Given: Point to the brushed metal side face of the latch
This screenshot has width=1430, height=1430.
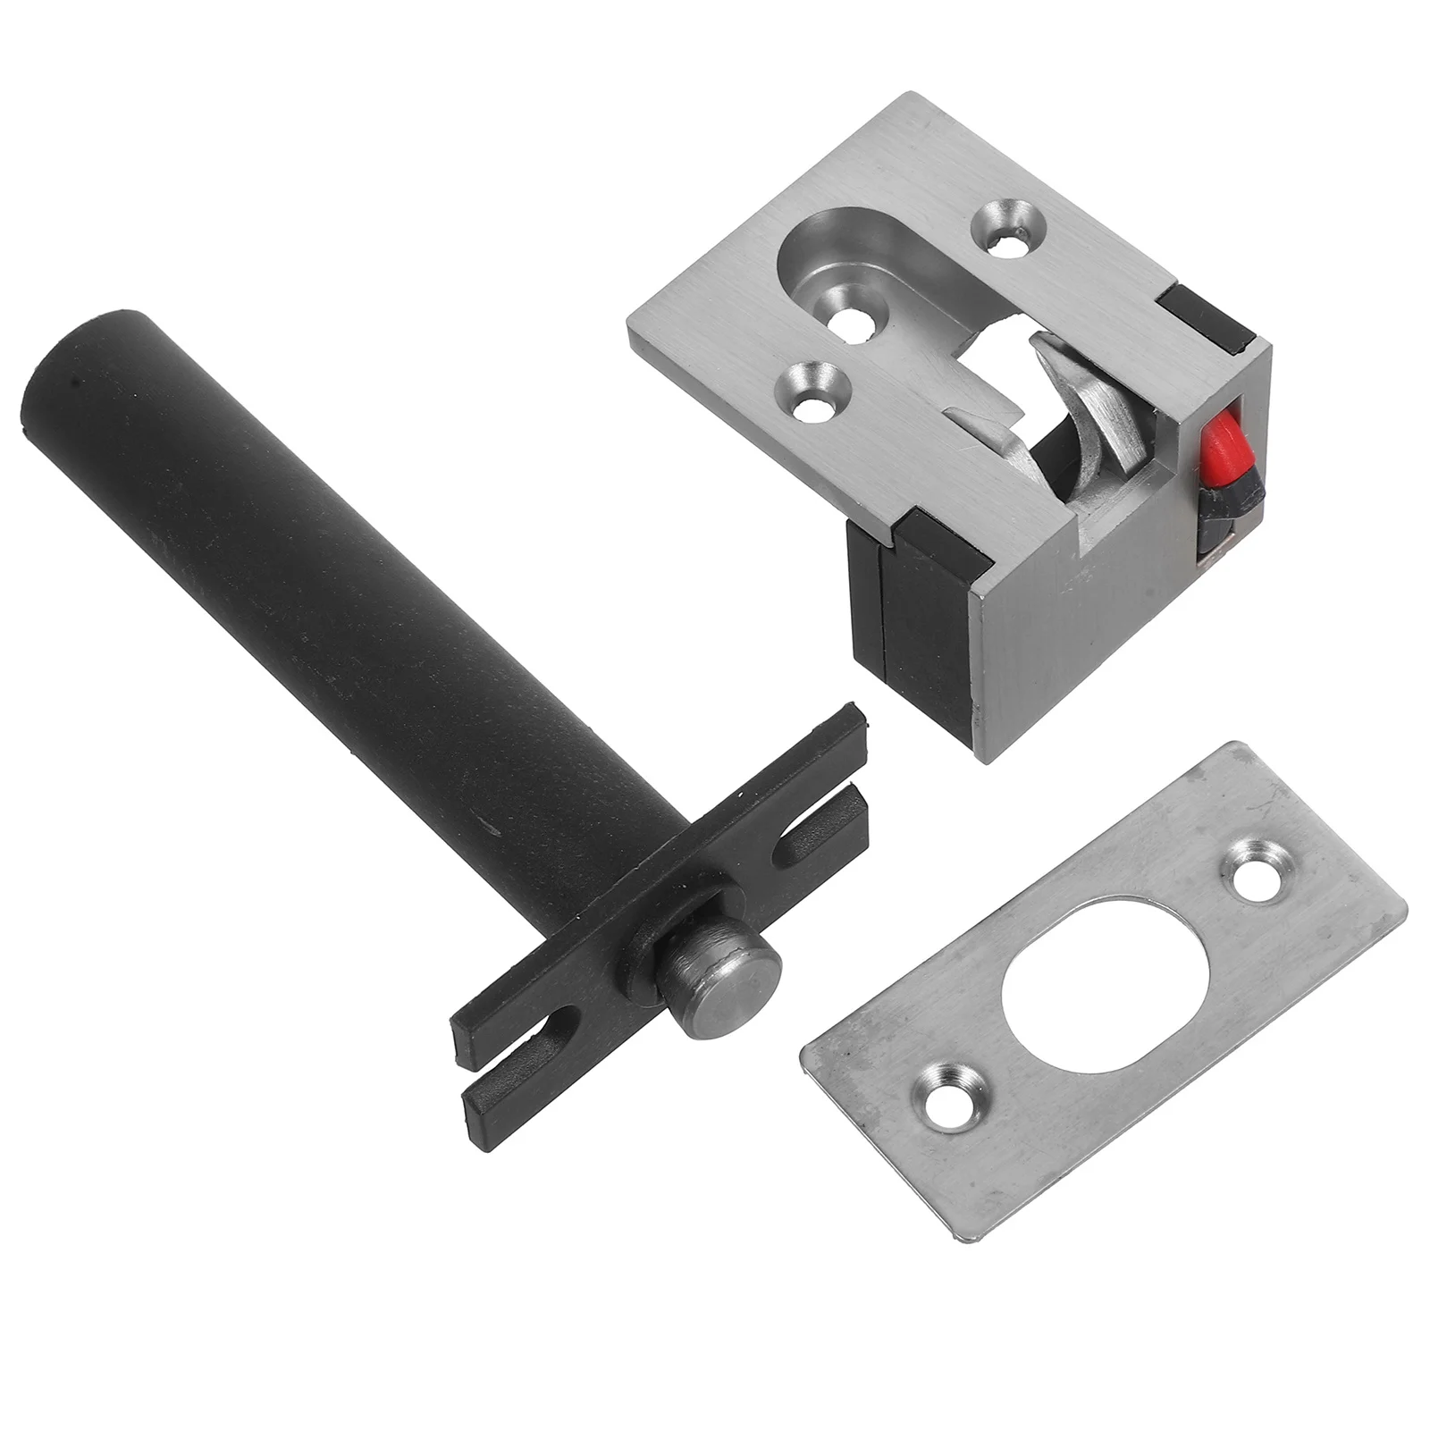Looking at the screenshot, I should pyautogui.click(x=1117, y=643).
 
